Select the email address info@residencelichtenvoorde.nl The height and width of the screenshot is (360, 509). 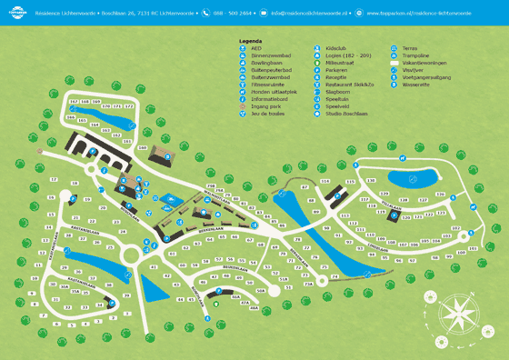[310, 13]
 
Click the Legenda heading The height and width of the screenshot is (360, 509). [250, 42]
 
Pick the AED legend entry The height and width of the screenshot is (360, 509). [255, 51]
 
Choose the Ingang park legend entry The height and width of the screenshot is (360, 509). [264, 131]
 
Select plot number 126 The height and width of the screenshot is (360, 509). [440, 195]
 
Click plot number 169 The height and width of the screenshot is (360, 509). [143, 146]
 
